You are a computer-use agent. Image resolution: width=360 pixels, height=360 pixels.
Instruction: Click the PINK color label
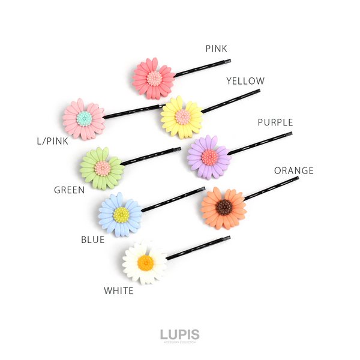(x=216, y=49)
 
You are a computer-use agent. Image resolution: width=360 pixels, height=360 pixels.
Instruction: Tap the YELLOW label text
(x=245, y=81)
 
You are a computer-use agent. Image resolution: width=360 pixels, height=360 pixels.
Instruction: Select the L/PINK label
(x=52, y=142)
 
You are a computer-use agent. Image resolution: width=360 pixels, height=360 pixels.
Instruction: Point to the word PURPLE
(x=275, y=122)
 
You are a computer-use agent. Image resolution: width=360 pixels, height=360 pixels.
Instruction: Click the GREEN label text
(x=69, y=190)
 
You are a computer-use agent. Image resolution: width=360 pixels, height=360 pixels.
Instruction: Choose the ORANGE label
(x=293, y=171)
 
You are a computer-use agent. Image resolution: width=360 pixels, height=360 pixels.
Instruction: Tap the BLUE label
(x=92, y=239)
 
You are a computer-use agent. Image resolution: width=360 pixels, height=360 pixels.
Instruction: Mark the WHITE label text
(x=119, y=291)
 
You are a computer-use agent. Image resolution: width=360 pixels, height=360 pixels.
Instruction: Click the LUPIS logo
(x=179, y=335)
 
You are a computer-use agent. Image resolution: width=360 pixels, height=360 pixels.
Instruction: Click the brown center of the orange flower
(x=224, y=208)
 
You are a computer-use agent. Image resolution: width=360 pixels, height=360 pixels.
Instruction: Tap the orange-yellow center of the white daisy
(x=145, y=263)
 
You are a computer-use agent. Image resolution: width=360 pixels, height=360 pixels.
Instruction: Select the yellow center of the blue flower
(x=121, y=215)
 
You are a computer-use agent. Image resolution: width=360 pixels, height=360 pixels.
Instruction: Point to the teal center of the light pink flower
(x=85, y=118)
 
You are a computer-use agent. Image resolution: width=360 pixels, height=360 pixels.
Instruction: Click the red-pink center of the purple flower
(x=209, y=157)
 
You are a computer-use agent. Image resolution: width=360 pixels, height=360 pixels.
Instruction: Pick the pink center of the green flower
(x=103, y=169)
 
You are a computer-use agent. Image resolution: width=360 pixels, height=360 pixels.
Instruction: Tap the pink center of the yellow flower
(x=182, y=116)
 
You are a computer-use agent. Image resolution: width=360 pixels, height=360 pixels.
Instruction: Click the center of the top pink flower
(x=154, y=78)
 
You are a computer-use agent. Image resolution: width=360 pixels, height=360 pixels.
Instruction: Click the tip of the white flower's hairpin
(x=229, y=238)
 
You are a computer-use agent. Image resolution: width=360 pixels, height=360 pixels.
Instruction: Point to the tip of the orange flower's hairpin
(x=297, y=178)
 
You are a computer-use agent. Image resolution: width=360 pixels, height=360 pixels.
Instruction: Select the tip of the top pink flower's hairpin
(x=229, y=61)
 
